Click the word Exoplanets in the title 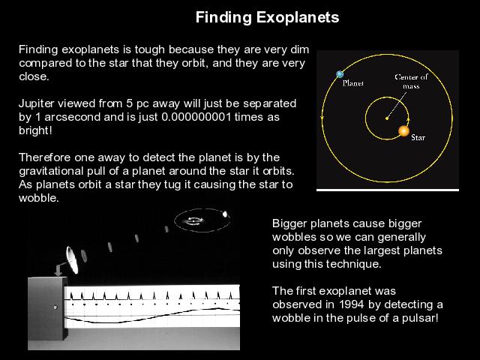point(298,17)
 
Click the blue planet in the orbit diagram point(340,74)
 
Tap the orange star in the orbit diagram point(403,131)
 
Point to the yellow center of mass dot point(387,118)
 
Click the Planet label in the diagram point(353,83)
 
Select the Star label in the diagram point(418,137)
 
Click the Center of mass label point(411,82)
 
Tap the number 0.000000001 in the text point(196,117)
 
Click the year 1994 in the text point(352,304)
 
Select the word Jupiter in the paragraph point(37,103)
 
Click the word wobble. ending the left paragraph point(38,198)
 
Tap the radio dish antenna point(72,260)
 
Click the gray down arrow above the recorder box point(58,271)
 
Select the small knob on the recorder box point(55,307)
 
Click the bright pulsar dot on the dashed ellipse point(225,214)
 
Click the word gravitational point(51,171)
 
